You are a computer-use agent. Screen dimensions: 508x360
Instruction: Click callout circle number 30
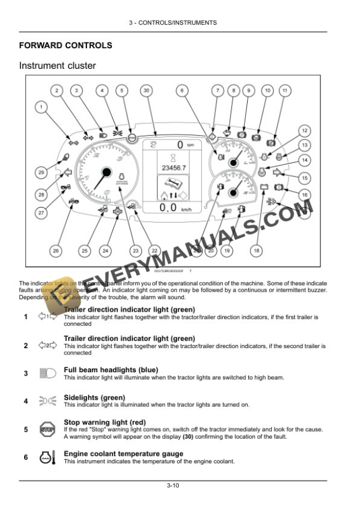146,91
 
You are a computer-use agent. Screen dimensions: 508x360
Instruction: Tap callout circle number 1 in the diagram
41,107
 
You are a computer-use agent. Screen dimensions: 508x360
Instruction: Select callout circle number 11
284,91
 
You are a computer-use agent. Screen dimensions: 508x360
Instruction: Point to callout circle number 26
55,251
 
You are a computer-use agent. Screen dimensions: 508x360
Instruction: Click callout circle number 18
256,251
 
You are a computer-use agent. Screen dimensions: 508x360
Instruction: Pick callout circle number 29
41,173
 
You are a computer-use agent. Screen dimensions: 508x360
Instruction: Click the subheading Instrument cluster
58,66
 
